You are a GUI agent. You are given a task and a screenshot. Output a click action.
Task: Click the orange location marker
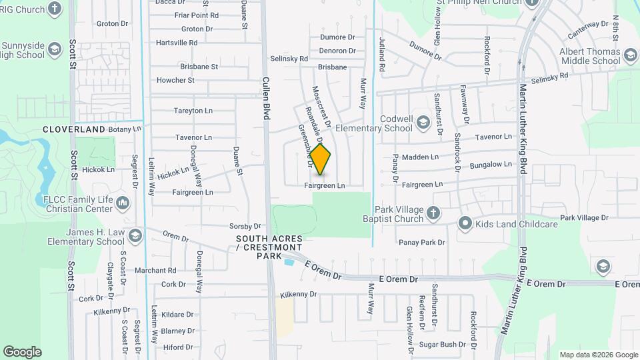pyautogui.click(x=321, y=159)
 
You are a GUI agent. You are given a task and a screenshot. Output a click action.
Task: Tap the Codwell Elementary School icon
pyautogui.click(x=423, y=123)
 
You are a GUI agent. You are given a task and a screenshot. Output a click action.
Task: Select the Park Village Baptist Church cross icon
pyautogui.click(x=433, y=213)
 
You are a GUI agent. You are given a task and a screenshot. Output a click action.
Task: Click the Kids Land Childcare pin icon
pyautogui.click(x=465, y=224)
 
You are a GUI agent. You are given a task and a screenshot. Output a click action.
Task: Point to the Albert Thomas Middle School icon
pyautogui.click(x=629, y=56)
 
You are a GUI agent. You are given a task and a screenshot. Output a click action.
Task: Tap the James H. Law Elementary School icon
pyautogui.click(x=135, y=236)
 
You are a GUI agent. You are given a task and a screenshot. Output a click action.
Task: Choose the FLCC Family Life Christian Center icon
pyautogui.click(x=123, y=203)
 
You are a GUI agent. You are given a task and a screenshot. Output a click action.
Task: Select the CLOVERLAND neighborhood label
pyautogui.click(x=74, y=129)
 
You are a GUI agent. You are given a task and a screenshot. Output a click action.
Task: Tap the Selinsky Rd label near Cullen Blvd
pyautogui.click(x=289, y=59)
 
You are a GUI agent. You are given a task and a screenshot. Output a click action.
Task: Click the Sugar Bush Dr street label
pyautogui.click(x=443, y=345)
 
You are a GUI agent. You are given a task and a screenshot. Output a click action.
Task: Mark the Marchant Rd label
pyautogui.click(x=155, y=271)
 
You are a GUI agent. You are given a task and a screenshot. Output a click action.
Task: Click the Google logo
pyautogui.click(x=22, y=351)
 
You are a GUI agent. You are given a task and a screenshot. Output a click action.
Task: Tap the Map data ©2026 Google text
pyautogui.click(x=598, y=355)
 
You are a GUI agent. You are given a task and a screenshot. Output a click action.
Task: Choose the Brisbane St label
pyautogui.click(x=199, y=67)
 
